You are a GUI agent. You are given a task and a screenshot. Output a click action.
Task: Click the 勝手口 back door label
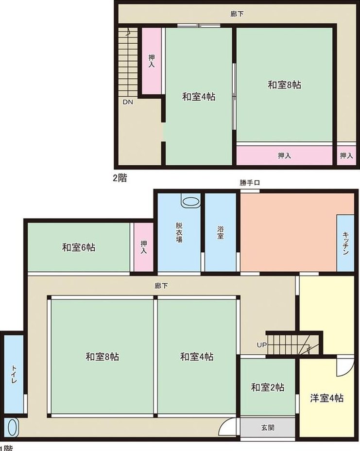click(250, 183)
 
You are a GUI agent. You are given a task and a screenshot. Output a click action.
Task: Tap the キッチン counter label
click(345, 243)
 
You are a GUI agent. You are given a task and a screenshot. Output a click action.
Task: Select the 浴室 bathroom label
click(221, 233)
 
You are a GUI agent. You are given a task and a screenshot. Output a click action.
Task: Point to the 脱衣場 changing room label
click(179, 232)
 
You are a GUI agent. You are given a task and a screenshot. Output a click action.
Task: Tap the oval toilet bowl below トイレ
click(13, 427)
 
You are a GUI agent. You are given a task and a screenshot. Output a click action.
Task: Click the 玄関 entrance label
click(268, 428)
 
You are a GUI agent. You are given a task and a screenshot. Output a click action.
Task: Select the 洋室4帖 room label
click(326, 398)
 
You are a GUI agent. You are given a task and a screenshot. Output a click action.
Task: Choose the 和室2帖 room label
click(268, 387)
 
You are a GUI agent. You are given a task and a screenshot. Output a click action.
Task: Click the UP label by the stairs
click(262, 345)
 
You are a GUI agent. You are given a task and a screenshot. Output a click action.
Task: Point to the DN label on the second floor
click(128, 102)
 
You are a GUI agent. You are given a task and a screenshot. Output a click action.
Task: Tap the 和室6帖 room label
click(79, 247)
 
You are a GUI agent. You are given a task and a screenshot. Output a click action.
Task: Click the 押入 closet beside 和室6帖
click(144, 247)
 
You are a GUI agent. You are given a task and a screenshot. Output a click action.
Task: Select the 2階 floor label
click(120, 178)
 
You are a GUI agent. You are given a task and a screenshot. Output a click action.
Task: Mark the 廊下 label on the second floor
click(237, 14)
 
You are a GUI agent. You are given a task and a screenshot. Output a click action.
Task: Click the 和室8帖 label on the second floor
click(284, 85)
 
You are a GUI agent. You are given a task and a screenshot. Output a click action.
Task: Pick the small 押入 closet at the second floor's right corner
click(346, 156)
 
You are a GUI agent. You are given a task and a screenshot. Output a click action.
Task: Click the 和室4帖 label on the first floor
click(197, 357)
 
